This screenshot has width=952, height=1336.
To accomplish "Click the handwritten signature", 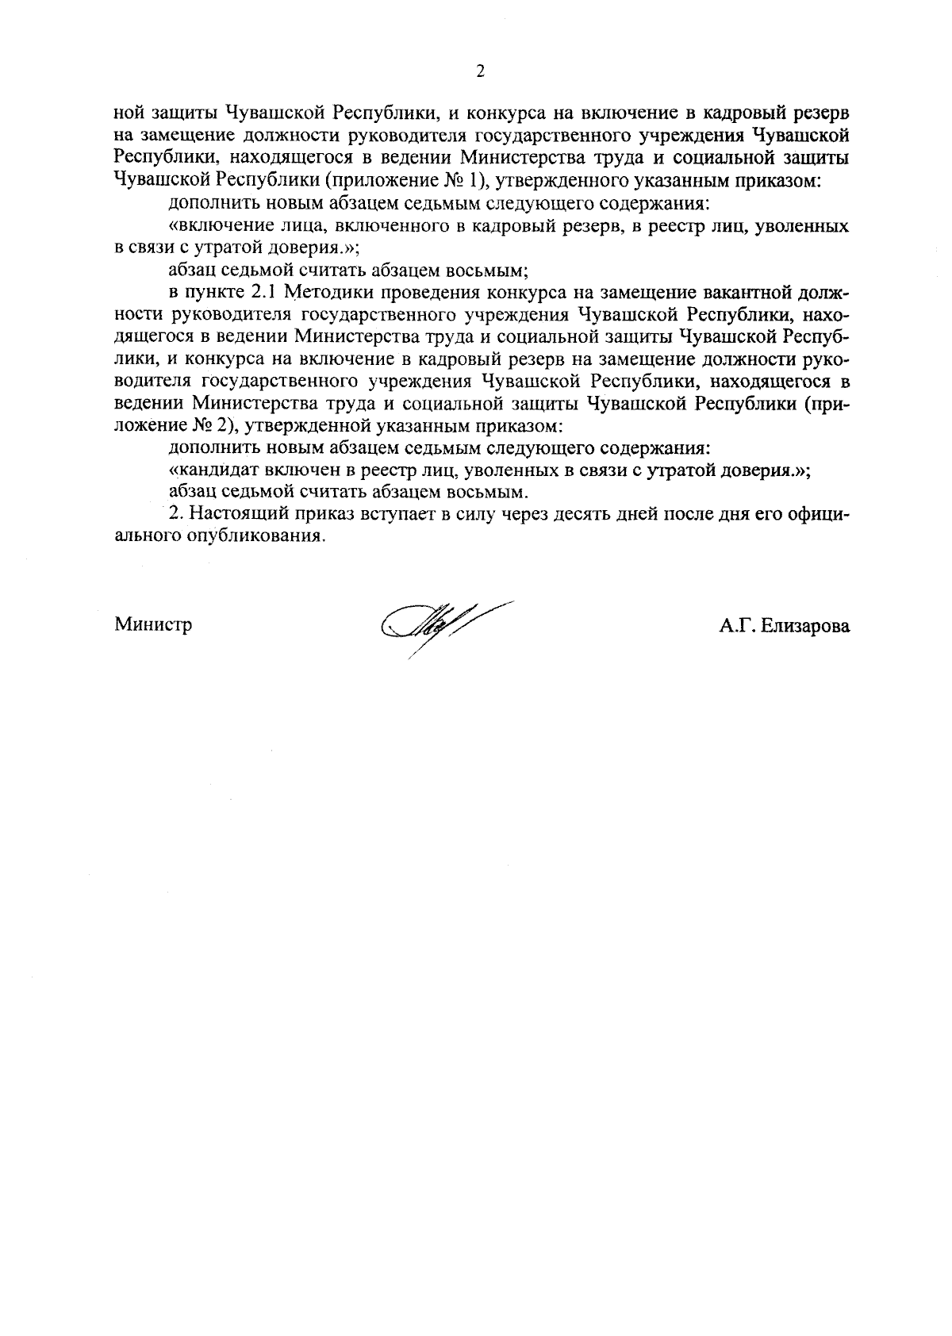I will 445,624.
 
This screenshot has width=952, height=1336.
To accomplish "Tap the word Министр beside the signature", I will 153,624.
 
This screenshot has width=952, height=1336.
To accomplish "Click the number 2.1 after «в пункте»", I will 257,293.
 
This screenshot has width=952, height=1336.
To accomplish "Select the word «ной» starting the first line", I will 128,113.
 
